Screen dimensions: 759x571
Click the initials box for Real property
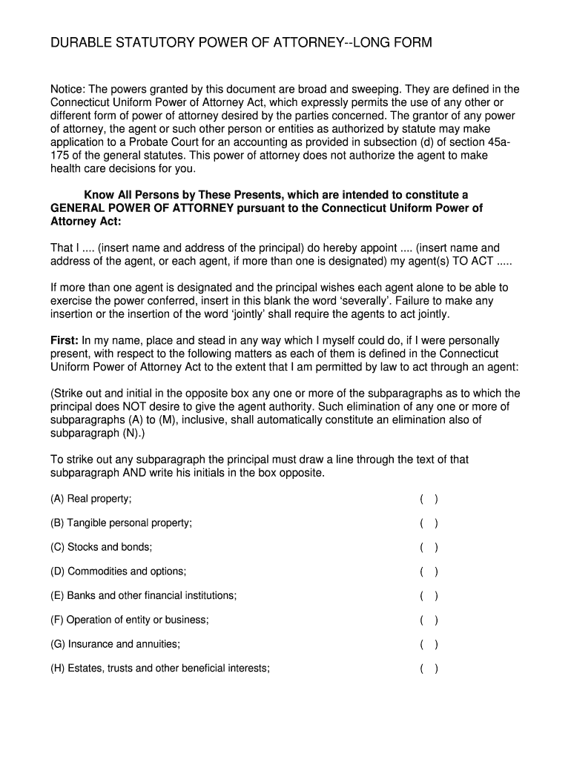[x=429, y=499]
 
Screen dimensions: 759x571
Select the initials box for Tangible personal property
[x=429, y=523]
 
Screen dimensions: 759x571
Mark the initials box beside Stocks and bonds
[x=429, y=548]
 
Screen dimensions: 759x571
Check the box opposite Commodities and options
[x=429, y=571]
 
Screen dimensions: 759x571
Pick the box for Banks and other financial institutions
[x=429, y=596]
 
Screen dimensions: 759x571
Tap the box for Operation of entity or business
[x=429, y=620]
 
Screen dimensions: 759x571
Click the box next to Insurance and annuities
[x=429, y=644]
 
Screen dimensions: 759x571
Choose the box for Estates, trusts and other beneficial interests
[x=429, y=669]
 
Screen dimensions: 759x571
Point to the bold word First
[x=65, y=341]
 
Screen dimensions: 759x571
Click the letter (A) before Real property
[x=57, y=499]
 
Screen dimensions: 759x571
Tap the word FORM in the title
[x=412, y=44]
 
